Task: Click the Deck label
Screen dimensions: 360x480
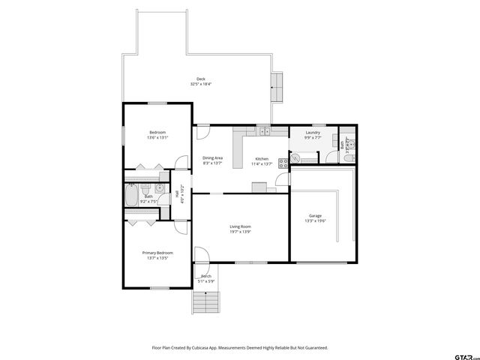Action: coord(201,79)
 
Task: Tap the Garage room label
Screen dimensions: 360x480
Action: coord(314,214)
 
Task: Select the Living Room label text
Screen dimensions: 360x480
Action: coord(240,226)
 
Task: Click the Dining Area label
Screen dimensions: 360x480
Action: coord(212,157)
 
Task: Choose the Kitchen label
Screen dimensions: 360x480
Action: coord(262,158)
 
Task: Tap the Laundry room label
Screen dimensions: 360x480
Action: coord(313,133)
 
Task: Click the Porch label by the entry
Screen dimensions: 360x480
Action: coord(205,276)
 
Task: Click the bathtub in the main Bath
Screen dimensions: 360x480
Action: coord(133,197)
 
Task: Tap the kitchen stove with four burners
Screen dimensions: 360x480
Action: coord(283,163)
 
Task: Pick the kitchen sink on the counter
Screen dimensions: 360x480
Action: coord(265,132)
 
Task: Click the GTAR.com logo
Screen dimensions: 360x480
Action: coord(458,350)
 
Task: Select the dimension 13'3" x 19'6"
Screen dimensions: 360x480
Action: coord(314,220)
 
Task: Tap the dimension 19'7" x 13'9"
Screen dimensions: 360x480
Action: coord(240,232)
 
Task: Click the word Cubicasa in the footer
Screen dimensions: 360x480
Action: coord(202,347)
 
